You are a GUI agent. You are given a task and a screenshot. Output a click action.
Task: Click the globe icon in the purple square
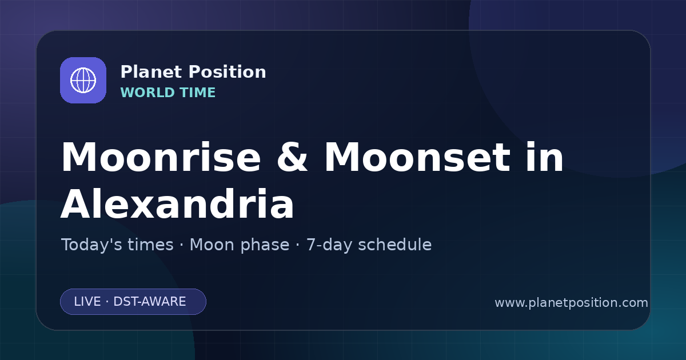click(x=83, y=80)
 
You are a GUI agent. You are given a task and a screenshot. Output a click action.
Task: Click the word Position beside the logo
click(x=228, y=72)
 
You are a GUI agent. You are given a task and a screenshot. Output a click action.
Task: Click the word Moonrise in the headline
click(x=161, y=157)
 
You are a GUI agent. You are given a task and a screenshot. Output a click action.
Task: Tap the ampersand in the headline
click(x=292, y=157)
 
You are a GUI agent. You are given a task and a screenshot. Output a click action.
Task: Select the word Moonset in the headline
click(x=417, y=157)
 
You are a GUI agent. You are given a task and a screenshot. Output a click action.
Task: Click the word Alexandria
click(x=177, y=203)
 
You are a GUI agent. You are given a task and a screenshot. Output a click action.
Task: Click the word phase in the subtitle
click(x=265, y=246)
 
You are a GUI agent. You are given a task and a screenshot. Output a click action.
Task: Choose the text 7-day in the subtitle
click(x=329, y=246)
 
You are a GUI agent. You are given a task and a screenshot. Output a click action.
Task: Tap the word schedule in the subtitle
click(x=395, y=245)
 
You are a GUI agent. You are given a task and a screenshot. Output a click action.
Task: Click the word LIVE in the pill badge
click(x=87, y=302)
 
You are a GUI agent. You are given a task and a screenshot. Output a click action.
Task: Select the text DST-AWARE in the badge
click(x=149, y=302)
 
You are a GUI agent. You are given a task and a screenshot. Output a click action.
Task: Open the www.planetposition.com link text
click(x=571, y=303)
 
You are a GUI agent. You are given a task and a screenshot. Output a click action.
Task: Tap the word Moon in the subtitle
click(x=212, y=245)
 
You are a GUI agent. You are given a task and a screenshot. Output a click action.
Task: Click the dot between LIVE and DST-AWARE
click(x=107, y=302)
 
